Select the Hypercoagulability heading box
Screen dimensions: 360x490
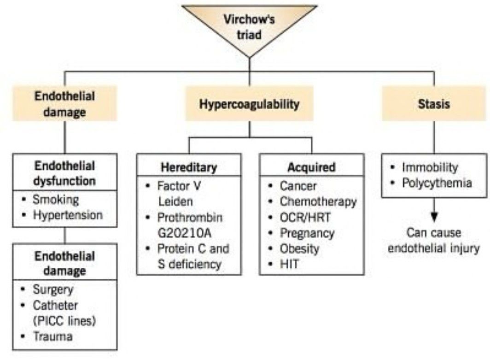(x=249, y=103)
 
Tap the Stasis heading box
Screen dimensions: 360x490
(x=434, y=103)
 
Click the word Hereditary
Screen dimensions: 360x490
(x=189, y=167)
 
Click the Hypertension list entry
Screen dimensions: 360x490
(x=68, y=215)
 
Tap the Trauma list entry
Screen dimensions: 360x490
(x=52, y=336)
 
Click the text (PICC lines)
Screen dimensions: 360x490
(x=59, y=321)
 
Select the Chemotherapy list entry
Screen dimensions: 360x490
(x=318, y=201)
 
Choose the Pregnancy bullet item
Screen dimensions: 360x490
(x=307, y=233)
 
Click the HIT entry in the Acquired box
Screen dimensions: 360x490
(x=290, y=264)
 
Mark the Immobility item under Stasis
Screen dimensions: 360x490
(x=430, y=167)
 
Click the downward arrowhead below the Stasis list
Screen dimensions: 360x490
(x=434, y=216)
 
